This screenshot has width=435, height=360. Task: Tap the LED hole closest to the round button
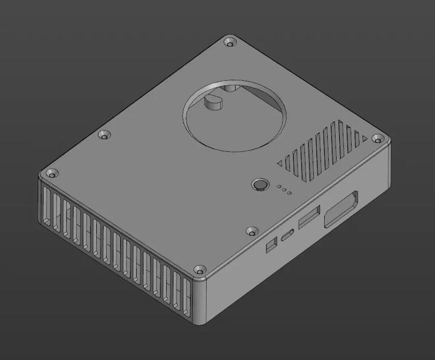(278, 187)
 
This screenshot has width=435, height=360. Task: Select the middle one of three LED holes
(284, 190)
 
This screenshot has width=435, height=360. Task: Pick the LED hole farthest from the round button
(289, 193)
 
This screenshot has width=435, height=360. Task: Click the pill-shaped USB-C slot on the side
(288, 235)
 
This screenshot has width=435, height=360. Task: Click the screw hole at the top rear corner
(230, 42)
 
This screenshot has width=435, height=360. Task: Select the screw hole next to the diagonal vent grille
(376, 140)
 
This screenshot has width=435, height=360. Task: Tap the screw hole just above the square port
(251, 231)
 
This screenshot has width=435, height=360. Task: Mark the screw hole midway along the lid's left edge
(103, 134)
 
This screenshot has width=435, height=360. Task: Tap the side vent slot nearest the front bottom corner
(187, 297)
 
